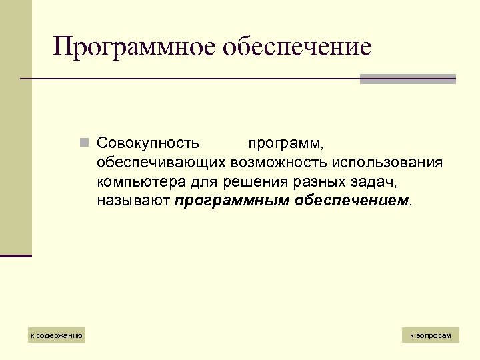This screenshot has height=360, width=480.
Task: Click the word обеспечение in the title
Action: click(x=297, y=47)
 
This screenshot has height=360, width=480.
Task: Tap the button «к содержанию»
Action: click(x=57, y=335)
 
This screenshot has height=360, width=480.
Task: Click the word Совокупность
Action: click(x=147, y=143)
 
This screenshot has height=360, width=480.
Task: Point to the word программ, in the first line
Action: click(x=287, y=144)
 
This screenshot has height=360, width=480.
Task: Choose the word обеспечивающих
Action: click(x=161, y=163)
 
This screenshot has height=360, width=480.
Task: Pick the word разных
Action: click(x=306, y=182)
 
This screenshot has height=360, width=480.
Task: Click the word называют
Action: click(x=133, y=201)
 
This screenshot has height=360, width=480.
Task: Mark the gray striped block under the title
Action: click(x=407, y=79)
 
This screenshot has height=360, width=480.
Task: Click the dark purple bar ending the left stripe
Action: click(x=16, y=255)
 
